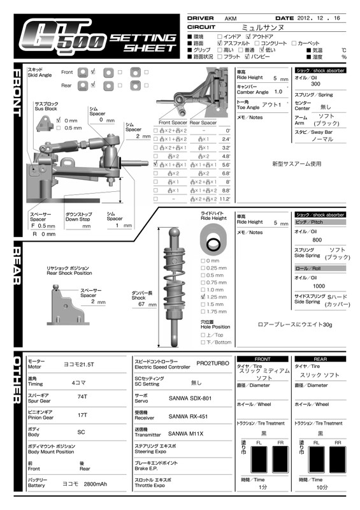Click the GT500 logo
[x=61, y=37]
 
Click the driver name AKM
[x=231, y=18]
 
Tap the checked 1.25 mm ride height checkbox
[x=203, y=296]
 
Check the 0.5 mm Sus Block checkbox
[x=59, y=127]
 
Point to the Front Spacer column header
[x=172, y=122]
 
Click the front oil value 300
[x=315, y=84]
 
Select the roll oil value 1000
[x=318, y=286]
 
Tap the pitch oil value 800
[x=316, y=240]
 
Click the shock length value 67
[x=141, y=305]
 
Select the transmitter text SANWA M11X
[x=186, y=433]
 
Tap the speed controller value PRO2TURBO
[x=212, y=363]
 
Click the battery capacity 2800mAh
[x=95, y=484]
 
